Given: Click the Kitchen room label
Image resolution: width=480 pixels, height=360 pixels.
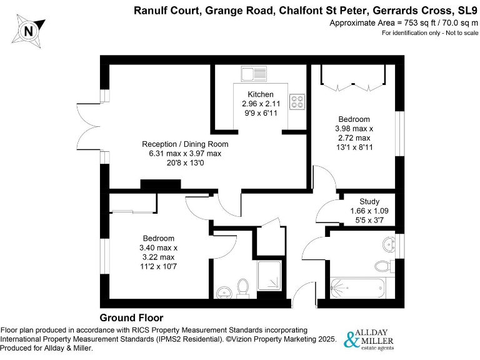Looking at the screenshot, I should click(261, 94).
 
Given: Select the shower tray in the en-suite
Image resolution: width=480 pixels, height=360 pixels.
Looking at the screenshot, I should click(269, 279).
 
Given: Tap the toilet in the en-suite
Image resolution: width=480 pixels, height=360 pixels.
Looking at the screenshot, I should click(245, 287).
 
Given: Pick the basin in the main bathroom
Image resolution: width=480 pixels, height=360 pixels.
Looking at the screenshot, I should click(391, 244).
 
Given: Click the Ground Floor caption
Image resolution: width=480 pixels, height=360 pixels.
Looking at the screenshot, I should click(131, 317).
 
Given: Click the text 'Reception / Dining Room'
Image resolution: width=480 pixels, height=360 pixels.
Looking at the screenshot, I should click(184, 144).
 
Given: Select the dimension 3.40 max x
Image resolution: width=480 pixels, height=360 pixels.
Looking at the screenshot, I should click(158, 247).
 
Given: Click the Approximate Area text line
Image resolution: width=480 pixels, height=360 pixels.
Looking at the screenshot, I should click(403, 22).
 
